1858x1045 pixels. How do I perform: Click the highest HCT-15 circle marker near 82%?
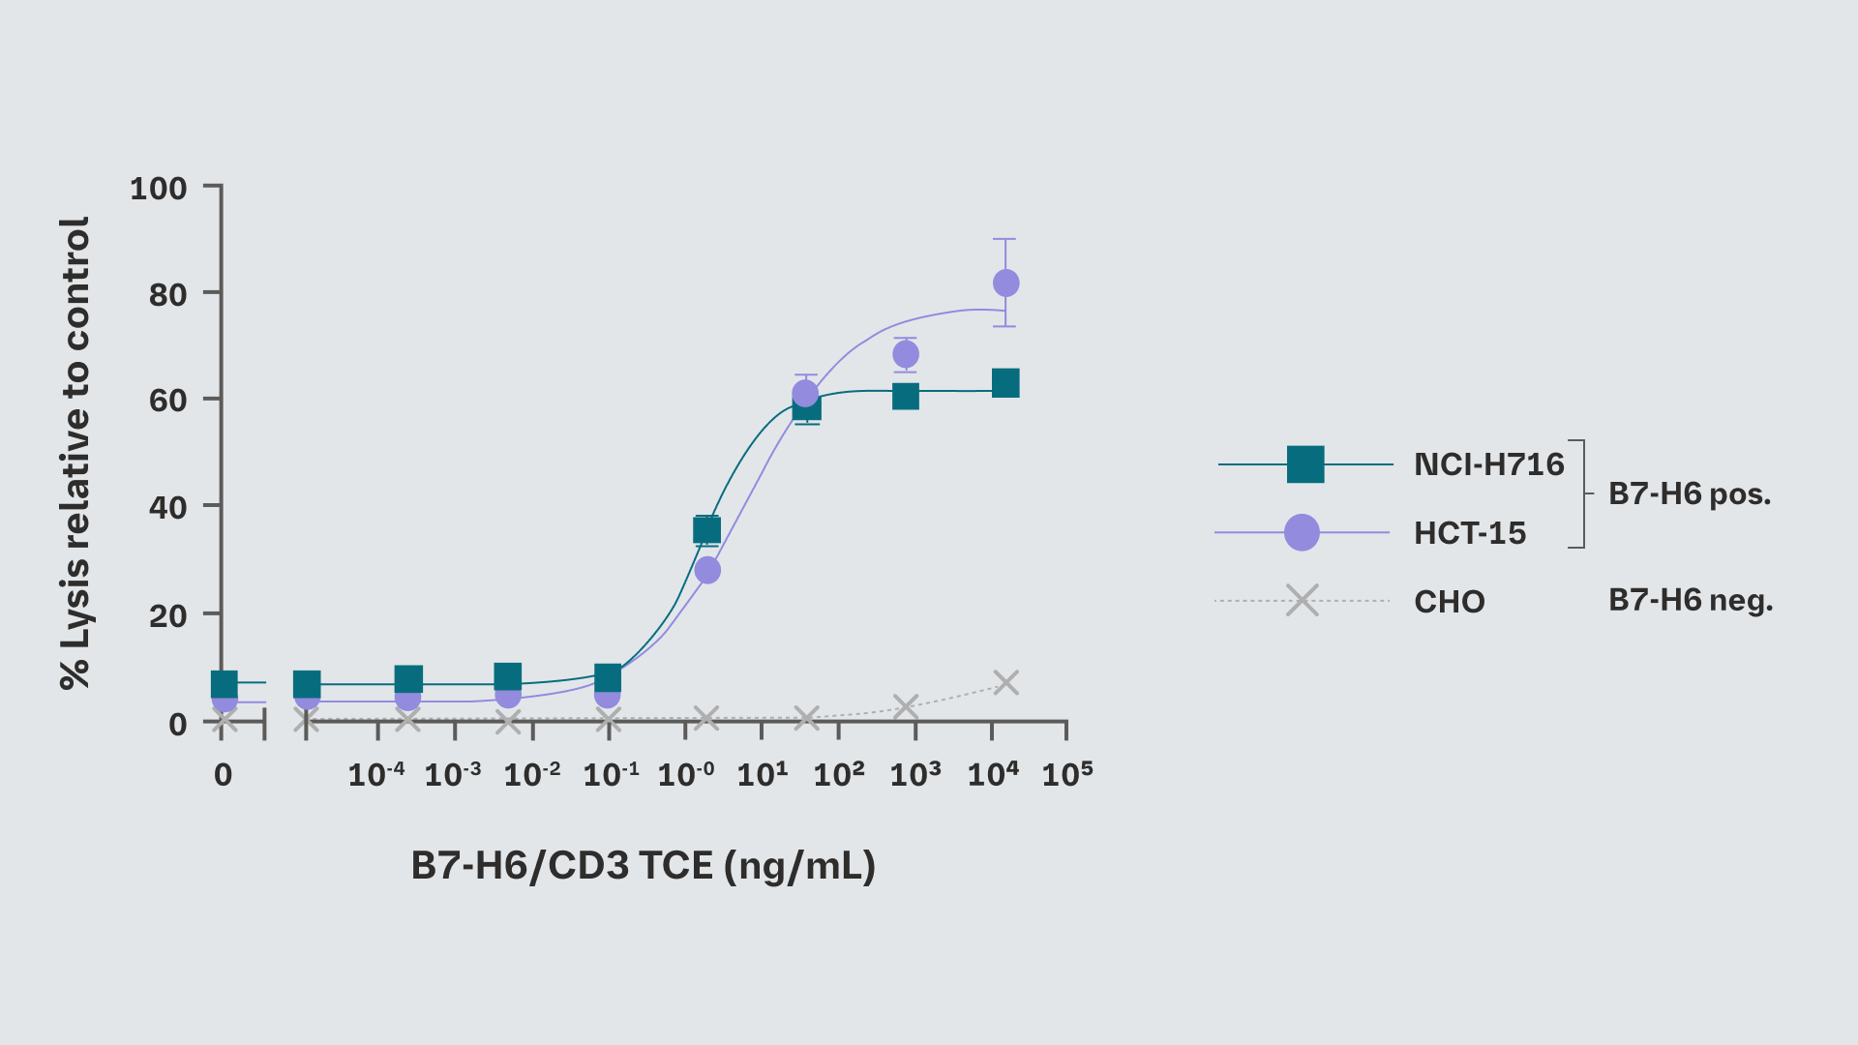tap(1005, 284)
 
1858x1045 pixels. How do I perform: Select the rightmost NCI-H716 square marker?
tap(1005, 383)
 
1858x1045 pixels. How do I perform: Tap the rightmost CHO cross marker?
tap(1005, 683)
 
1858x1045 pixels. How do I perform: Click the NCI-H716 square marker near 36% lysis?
tap(706, 530)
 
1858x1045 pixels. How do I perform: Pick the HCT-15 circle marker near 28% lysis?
tap(707, 571)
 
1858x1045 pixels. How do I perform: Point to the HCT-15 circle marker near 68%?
tap(905, 354)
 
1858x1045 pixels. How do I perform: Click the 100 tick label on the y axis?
tap(159, 189)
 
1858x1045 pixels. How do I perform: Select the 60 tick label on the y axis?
tap(168, 401)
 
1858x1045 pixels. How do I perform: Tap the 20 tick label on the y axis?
tap(168, 615)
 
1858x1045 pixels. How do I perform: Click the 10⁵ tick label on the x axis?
tap(1066, 774)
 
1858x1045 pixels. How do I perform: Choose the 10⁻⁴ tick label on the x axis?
tap(375, 774)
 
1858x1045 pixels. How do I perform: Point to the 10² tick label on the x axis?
tap(838, 774)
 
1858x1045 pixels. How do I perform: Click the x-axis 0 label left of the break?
tap(223, 775)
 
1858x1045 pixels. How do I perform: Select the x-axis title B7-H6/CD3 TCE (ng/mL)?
tap(643, 865)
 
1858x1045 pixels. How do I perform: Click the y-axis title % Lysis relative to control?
tap(75, 453)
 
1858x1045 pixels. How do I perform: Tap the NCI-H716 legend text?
tap(1488, 465)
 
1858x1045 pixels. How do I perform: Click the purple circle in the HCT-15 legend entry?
tap(1302, 532)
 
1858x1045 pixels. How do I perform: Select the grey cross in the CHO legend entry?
tap(1303, 601)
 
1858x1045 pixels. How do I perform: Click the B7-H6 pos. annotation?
tap(1689, 494)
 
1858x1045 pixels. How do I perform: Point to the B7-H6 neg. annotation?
tap(1690, 601)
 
